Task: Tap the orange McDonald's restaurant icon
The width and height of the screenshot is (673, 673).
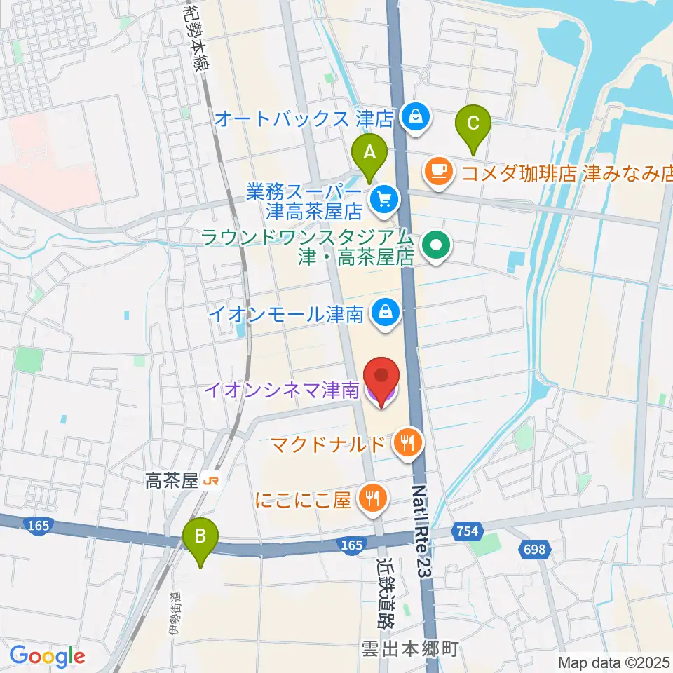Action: coord(406,442)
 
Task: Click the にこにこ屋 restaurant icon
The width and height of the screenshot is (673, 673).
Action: coord(370,498)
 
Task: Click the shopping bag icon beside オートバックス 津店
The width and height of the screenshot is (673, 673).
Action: coord(416,117)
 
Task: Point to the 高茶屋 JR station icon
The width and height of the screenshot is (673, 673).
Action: coord(208,481)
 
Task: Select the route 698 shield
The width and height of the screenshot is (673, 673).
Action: coord(534,550)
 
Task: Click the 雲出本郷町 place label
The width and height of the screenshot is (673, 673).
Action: coord(410,648)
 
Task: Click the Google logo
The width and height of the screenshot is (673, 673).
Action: coord(47,656)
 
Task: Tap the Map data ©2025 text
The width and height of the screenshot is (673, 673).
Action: coord(614,662)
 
